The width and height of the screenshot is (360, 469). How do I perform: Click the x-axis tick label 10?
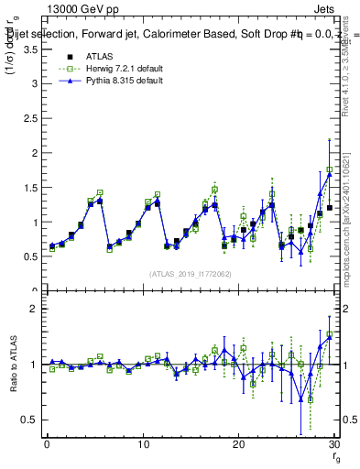(x=142, y=444)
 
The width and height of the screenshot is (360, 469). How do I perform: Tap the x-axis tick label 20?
(x=238, y=444)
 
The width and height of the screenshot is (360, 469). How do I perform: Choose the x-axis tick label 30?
(x=333, y=444)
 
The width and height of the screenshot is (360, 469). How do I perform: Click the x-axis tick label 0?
(x=47, y=444)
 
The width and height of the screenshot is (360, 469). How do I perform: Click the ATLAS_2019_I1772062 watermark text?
(x=191, y=274)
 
